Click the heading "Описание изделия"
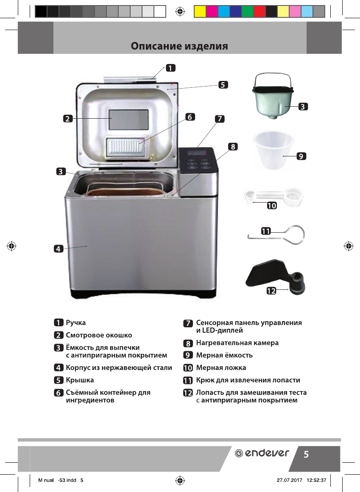[179, 46]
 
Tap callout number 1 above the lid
[170, 67]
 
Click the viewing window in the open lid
[129, 120]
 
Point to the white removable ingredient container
[127, 147]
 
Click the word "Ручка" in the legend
[76, 322]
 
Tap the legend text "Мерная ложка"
[221, 367]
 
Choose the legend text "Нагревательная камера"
[237, 342]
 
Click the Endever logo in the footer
[262, 453]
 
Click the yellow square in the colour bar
[200, 11]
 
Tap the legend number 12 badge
[187, 393]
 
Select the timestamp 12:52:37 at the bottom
[316, 480]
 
